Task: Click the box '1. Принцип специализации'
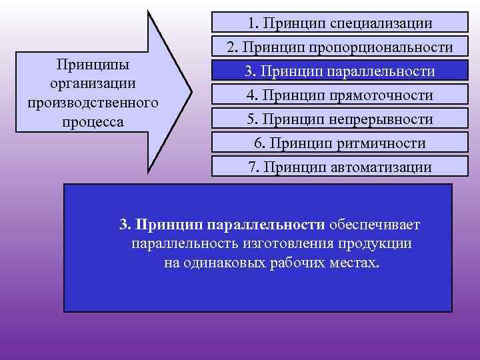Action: (339, 23)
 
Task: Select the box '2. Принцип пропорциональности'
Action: (339, 48)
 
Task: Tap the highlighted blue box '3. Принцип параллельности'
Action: (339, 72)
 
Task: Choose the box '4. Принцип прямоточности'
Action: (339, 96)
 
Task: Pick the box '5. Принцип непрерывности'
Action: (339, 120)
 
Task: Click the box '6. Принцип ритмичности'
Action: (339, 143)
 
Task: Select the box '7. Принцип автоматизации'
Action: (339, 167)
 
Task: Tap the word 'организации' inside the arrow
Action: (93, 84)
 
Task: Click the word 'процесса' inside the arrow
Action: (93, 123)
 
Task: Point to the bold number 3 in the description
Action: (123, 225)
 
